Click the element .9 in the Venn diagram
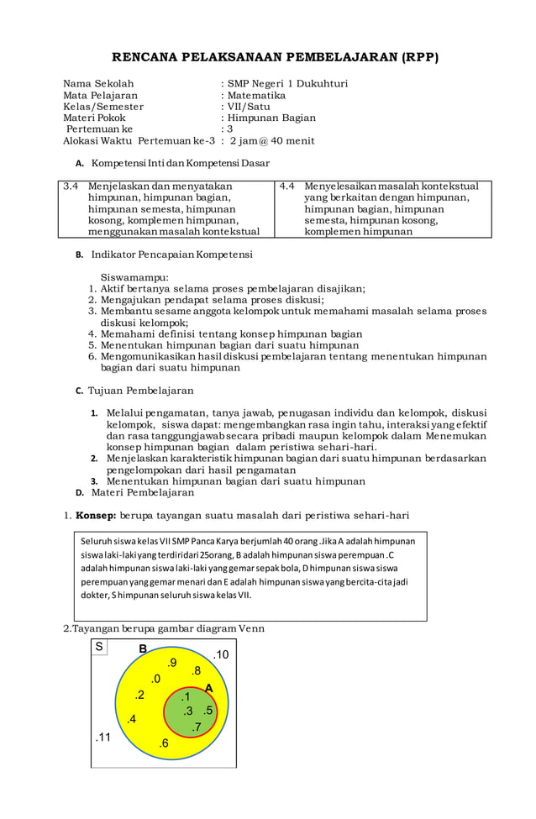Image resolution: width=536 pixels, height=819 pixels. click(x=171, y=663)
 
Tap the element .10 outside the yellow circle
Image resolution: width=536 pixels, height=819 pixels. click(x=219, y=655)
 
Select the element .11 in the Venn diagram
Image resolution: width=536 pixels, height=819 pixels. click(x=102, y=738)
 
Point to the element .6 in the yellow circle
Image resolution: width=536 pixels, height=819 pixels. click(x=163, y=743)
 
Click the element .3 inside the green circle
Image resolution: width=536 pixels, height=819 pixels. click(x=187, y=711)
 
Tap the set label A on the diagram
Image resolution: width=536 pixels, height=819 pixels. click(x=208, y=689)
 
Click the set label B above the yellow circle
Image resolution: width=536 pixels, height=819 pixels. click(x=143, y=649)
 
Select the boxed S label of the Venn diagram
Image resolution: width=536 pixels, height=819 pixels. click(x=99, y=647)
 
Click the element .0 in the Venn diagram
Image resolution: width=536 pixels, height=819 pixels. click(x=155, y=679)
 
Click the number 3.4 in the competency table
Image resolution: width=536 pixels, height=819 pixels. click(x=71, y=186)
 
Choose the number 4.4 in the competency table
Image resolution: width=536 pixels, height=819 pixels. click(x=287, y=186)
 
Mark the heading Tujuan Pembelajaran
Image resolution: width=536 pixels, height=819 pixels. click(x=141, y=391)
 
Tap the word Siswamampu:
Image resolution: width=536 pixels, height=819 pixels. click(x=134, y=276)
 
